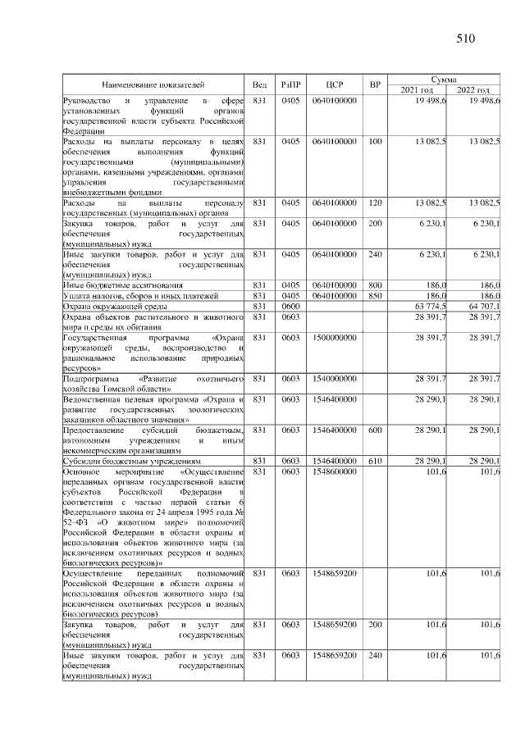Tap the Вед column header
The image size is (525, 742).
click(x=259, y=84)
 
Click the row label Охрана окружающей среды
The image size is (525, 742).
click(x=111, y=306)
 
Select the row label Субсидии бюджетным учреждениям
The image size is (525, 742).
click(x=124, y=461)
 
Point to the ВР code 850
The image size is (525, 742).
click(x=375, y=295)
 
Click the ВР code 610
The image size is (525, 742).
click(x=375, y=461)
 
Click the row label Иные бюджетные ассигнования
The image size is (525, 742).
click(x=117, y=285)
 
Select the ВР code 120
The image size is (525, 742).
click(x=375, y=202)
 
